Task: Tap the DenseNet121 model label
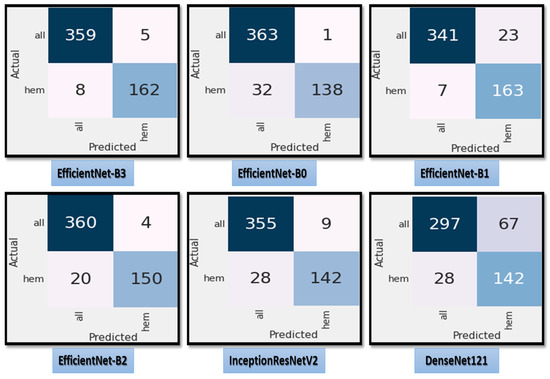[458, 359]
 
